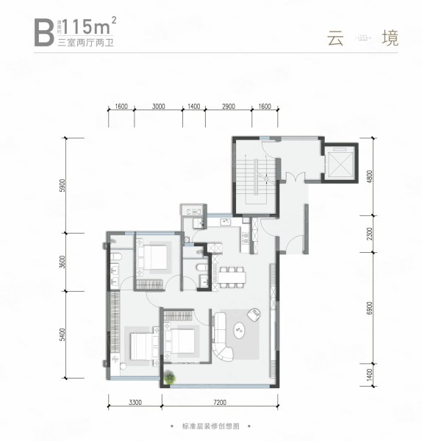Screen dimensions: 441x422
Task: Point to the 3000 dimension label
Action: (x=158, y=107)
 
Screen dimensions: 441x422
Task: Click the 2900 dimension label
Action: (x=228, y=107)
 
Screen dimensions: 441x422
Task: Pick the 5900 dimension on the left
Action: (x=64, y=184)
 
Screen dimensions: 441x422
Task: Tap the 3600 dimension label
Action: (x=64, y=261)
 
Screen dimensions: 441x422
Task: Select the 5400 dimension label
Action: (x=64, y=337)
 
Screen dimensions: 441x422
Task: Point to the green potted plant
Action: (x=171, y=379)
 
